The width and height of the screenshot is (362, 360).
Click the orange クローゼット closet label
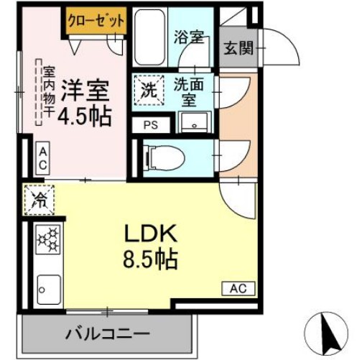96,20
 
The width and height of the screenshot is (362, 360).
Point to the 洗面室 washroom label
188,91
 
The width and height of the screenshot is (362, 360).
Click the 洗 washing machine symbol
147,91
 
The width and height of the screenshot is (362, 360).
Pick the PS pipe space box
150,124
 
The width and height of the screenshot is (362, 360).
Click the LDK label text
147,234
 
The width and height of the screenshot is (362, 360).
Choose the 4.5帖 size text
84,115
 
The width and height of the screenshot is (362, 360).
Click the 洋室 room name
84,91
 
